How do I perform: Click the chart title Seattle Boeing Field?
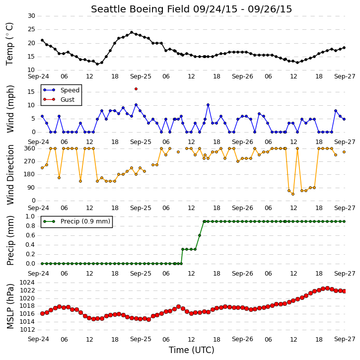[x=140, y=9]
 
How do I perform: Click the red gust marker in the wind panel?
[x=136, y=89]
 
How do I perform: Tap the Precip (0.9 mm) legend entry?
[x=76, y=221]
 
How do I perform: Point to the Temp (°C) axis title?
[x=9, y=44]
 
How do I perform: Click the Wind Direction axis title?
[x=10, y=174]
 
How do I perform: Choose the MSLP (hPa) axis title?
[x=10, y=306]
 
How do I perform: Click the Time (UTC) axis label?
[x=192, y=350]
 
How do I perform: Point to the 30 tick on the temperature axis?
[x=31, y=16]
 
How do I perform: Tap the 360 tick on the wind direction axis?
[x=30, y=148]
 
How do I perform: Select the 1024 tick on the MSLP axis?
[x=27, y=283]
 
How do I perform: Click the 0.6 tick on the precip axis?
[x=30, y=235]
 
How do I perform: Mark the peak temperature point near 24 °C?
[x=132, y=32]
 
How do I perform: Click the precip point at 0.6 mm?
[x=200, y=235]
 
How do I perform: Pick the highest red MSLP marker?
[x=327, y=288]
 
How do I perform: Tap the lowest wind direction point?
[x=293, y=194]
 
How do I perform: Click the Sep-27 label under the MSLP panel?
[x=345, y=339]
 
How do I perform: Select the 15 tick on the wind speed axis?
[x=31, y=92]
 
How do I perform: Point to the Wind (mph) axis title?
[x=10, y=109]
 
